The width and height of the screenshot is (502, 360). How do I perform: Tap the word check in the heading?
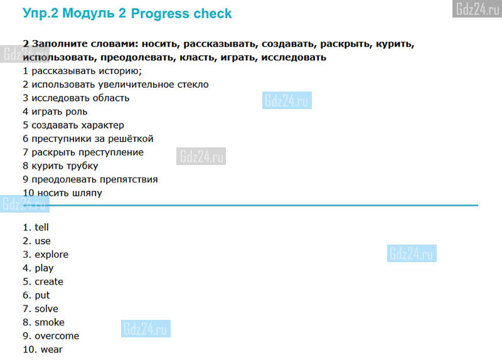(213, 13)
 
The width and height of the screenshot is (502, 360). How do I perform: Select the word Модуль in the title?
(88, 13)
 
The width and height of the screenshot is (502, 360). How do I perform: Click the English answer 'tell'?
(41, 227)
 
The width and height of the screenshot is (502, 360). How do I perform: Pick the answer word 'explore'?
(51, 255)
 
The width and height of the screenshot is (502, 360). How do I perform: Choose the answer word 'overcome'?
(57, 336)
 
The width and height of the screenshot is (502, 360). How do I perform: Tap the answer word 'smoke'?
(50, 322)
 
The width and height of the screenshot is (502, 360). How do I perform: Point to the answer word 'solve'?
(46, 309)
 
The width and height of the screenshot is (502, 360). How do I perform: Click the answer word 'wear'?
(51, 349)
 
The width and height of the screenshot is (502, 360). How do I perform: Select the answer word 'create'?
(49, 282)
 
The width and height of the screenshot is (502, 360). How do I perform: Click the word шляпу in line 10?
(87, 193)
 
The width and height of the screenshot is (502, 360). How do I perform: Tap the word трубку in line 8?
(82, 166)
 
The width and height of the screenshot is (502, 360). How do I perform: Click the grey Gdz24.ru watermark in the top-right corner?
(477, 9)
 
